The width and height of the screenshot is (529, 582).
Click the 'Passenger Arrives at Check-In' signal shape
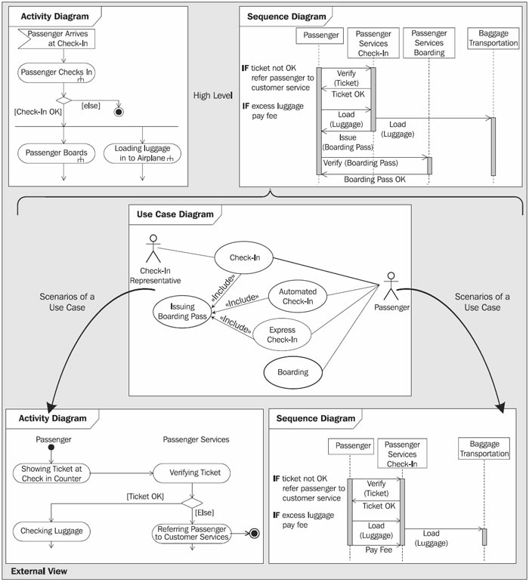coord(57,38)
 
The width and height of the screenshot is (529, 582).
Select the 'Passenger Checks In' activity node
coord(57,72)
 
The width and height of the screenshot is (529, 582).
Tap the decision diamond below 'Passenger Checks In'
coord(64,100)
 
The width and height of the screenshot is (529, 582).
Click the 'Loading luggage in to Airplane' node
coord(142,153)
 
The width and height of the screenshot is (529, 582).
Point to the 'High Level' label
coord(213,95)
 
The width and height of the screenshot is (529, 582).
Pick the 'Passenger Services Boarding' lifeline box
coord(429,43)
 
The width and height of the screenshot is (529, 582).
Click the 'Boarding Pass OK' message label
coord(375,180)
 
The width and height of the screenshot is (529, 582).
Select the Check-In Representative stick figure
coord(153,248)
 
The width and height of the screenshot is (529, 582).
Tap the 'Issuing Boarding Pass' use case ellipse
coord(182,312)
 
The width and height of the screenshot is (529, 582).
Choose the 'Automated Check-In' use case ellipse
coord(298,296)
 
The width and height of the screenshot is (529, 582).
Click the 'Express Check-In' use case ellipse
coord(282,334)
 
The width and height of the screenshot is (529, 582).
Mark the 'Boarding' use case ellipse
coord(292,372)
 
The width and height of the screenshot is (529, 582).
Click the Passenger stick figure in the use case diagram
coord(391,286)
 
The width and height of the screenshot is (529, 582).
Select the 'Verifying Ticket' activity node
coord(192,473)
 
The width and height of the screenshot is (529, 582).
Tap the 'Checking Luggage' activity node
coord(51,531)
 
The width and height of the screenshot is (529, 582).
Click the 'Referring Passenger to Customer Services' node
coord(192,534)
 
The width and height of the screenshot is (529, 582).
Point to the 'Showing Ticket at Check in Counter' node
coord(51,473)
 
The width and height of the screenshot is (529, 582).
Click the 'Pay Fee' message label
coord(379,550)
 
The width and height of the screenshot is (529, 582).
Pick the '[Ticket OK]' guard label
coord(145,496)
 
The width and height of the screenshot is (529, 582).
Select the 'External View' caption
coord(39,571)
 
